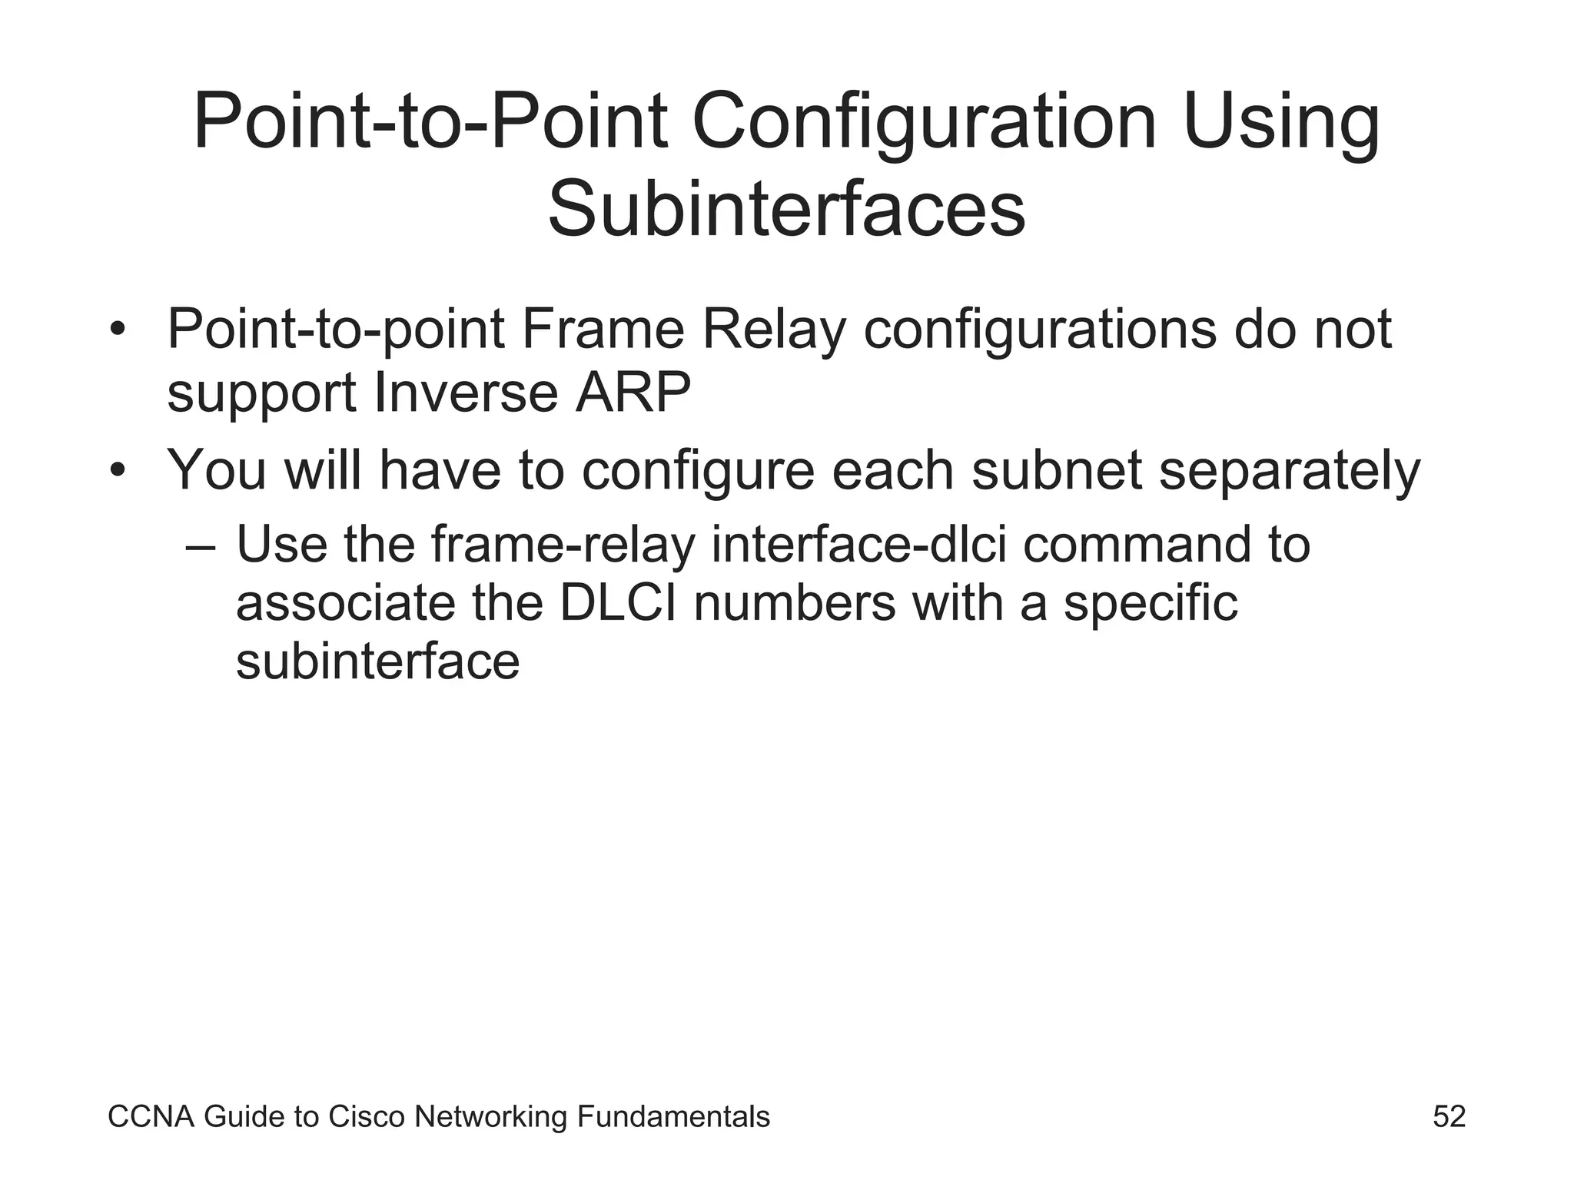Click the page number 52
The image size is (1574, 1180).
tap(1449, 1116)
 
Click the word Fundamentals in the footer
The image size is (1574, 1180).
tap(672, 1116)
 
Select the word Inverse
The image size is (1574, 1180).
tap(466, 393)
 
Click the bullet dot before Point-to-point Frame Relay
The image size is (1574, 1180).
tap(117, 330)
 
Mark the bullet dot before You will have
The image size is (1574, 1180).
tap(117, 470)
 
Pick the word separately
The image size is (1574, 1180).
tap(1289, 470)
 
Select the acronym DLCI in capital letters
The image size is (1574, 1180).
tap(618, 603)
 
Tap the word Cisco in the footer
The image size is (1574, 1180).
tap(366, 1116)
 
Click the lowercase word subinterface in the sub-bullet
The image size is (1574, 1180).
tap(377, 661)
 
